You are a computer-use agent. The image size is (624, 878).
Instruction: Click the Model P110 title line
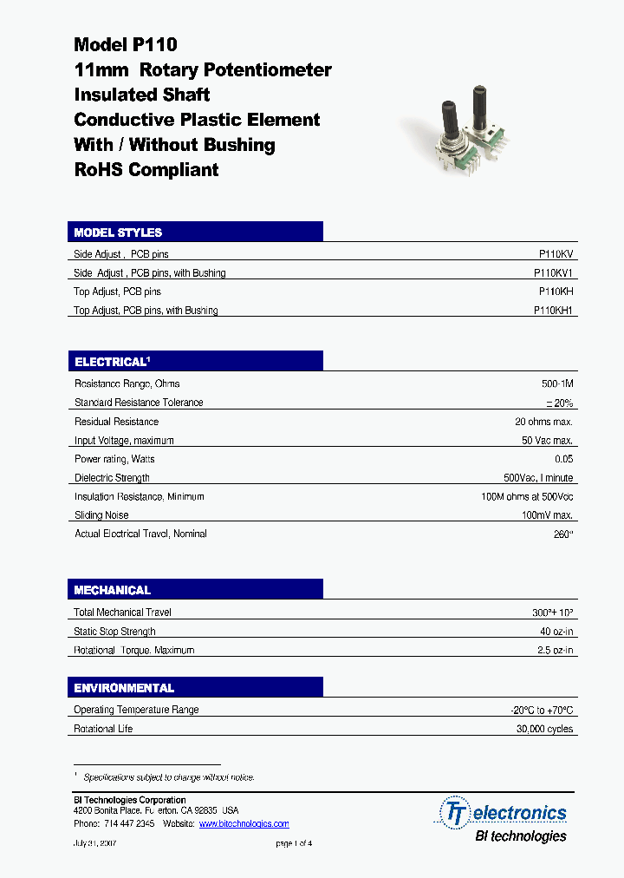[126, 44]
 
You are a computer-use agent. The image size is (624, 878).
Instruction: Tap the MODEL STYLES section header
[118, 233]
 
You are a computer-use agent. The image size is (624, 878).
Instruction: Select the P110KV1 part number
[553, 272]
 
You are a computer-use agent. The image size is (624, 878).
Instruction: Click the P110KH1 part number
[553, 310]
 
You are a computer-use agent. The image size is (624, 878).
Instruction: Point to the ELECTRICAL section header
[112, 362]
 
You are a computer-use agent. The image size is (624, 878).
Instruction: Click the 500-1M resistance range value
[556, 383]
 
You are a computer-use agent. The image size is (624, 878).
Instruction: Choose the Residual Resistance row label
[116, 422]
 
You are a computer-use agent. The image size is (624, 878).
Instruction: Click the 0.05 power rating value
[563, 459]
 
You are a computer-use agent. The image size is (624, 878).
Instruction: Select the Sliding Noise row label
[101, 515]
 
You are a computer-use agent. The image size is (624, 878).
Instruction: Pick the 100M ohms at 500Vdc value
[527, 496]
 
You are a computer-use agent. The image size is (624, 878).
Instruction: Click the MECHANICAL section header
[113, 590]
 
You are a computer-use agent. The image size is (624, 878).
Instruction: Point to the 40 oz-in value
[556, 632]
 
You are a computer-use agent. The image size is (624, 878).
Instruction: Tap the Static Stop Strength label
[115, 632]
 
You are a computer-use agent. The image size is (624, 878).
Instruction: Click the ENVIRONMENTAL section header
[124, 688]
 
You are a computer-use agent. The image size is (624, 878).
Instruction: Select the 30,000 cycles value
[544, 729]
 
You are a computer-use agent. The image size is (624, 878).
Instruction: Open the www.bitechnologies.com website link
[244, 823]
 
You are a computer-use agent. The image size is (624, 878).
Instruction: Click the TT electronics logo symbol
[454, 813]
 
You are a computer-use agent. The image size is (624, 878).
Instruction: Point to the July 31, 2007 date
[94, 843]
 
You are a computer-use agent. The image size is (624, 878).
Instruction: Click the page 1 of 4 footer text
[294, 843]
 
